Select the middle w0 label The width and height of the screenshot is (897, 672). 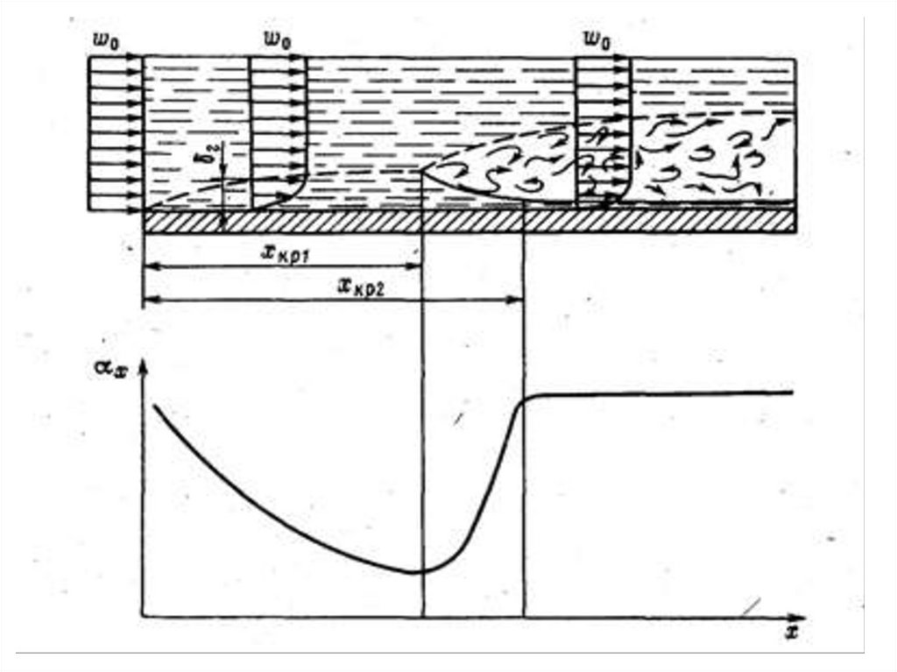click(x=277, y=39)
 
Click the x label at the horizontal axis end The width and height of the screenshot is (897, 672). click(x=793, y=633)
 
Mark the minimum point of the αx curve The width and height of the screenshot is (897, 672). click(x=416, y=572)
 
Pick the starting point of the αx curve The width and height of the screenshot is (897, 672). click(x=155, y=406)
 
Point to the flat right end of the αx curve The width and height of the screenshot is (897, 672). click(x=791, y=393)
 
